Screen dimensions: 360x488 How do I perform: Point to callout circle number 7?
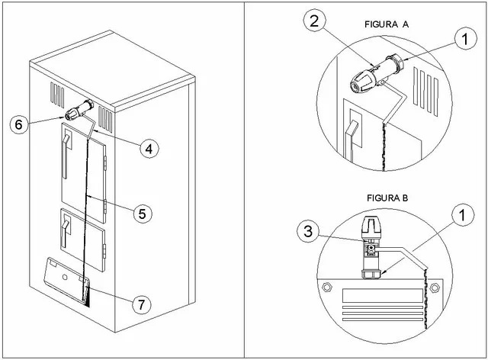click(140, 304)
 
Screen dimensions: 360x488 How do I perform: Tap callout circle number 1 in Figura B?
click(460, 217)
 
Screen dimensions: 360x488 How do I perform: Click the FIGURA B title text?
click(387, 198)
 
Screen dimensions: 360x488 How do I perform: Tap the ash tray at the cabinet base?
click(66, 277)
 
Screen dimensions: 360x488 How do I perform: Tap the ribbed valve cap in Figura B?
click(369, 224)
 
